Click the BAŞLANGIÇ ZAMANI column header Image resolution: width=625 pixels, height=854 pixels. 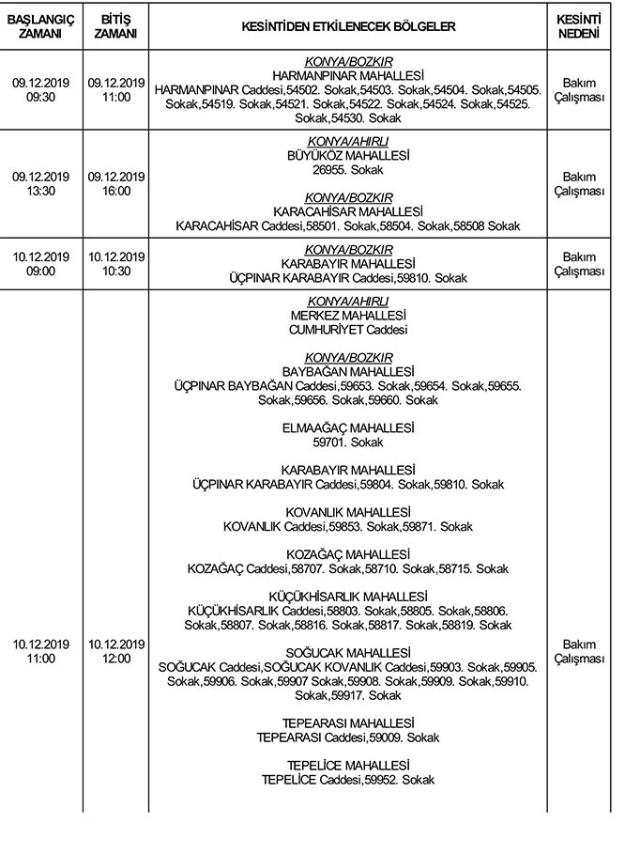point(40,26)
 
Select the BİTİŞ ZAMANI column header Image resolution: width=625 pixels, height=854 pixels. point(115,26)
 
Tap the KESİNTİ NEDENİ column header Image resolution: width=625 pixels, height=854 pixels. point(579,26)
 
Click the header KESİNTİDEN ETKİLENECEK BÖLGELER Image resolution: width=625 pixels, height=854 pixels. point(348,26)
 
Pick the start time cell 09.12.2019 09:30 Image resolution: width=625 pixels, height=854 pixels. point(40,90)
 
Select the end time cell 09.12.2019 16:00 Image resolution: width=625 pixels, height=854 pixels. point(115,184)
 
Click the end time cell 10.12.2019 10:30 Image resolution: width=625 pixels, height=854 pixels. point(115,264)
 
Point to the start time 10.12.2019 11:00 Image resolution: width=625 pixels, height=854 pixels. point(40,651)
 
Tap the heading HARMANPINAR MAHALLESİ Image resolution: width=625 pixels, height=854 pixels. point(348,75)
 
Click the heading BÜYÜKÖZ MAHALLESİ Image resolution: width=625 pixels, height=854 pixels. point(348,155)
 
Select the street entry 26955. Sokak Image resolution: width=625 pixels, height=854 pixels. point(348,170)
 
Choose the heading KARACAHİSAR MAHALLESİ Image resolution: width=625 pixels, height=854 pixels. point(348,211)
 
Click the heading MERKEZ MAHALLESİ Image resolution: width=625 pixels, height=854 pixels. point(348,315)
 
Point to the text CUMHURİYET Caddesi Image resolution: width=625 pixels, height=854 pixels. point(348,330)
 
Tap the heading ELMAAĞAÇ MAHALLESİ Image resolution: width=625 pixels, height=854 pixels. point(348,427)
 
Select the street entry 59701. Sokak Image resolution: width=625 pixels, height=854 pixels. point(348,442)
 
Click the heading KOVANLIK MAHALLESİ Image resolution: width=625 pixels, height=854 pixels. point(348,512)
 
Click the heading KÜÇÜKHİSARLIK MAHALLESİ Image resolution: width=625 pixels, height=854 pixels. point(348,597)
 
